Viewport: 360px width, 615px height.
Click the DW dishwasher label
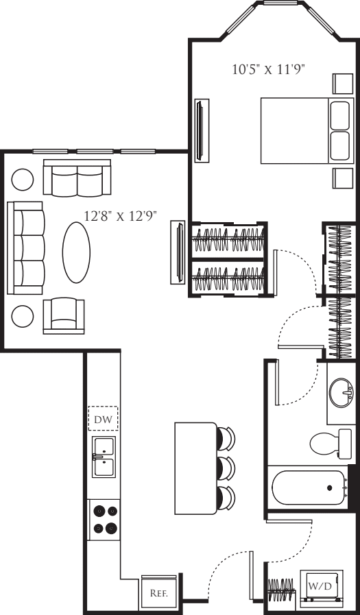point(103,420)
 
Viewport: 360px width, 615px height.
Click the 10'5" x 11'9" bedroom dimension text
point(269,69)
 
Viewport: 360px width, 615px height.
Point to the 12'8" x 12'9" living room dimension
point(121,215)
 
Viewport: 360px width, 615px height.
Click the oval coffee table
point(76,252)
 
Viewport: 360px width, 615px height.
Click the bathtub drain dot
point(330,487)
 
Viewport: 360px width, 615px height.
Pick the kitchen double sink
point(104,457)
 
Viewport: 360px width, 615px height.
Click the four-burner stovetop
point(104,519)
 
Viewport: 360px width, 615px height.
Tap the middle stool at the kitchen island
point(226,468)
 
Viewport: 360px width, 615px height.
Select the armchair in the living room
point(64,315)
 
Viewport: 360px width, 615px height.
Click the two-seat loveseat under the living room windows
point(77,178)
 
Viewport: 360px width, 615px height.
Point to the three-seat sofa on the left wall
point(26,248)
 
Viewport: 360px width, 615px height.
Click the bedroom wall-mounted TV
point(202,130)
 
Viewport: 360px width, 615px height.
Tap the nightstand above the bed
point(343,84)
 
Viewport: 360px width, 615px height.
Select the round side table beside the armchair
point(23,316)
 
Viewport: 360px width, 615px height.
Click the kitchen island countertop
point(195,468)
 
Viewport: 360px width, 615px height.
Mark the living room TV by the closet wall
point(178,252)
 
